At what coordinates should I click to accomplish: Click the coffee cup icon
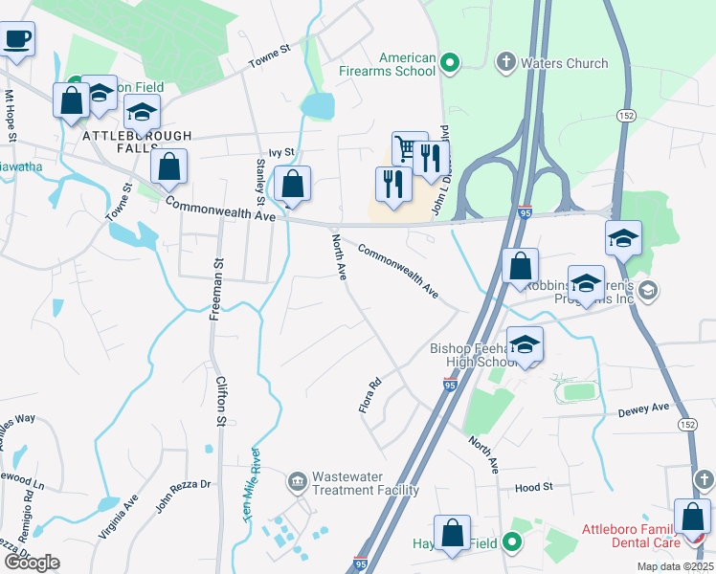pyautogui.click(x=16, y=40)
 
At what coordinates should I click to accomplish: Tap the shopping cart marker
pyautogui.click(x=409, y=148)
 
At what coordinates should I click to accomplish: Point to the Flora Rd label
pyautogui.click(x=369, y=394)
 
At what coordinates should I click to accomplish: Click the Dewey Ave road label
pyautogui.click(x=643, y=409)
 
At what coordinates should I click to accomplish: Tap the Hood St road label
pyautogui.click(x=534, y=487)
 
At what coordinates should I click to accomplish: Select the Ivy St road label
pyautogui.click(x=280, y=151)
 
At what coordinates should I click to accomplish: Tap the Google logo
pyautogui.click(x=32, y=563)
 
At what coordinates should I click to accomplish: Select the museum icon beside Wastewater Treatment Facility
pyautogui.click(x=297, y=477)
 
